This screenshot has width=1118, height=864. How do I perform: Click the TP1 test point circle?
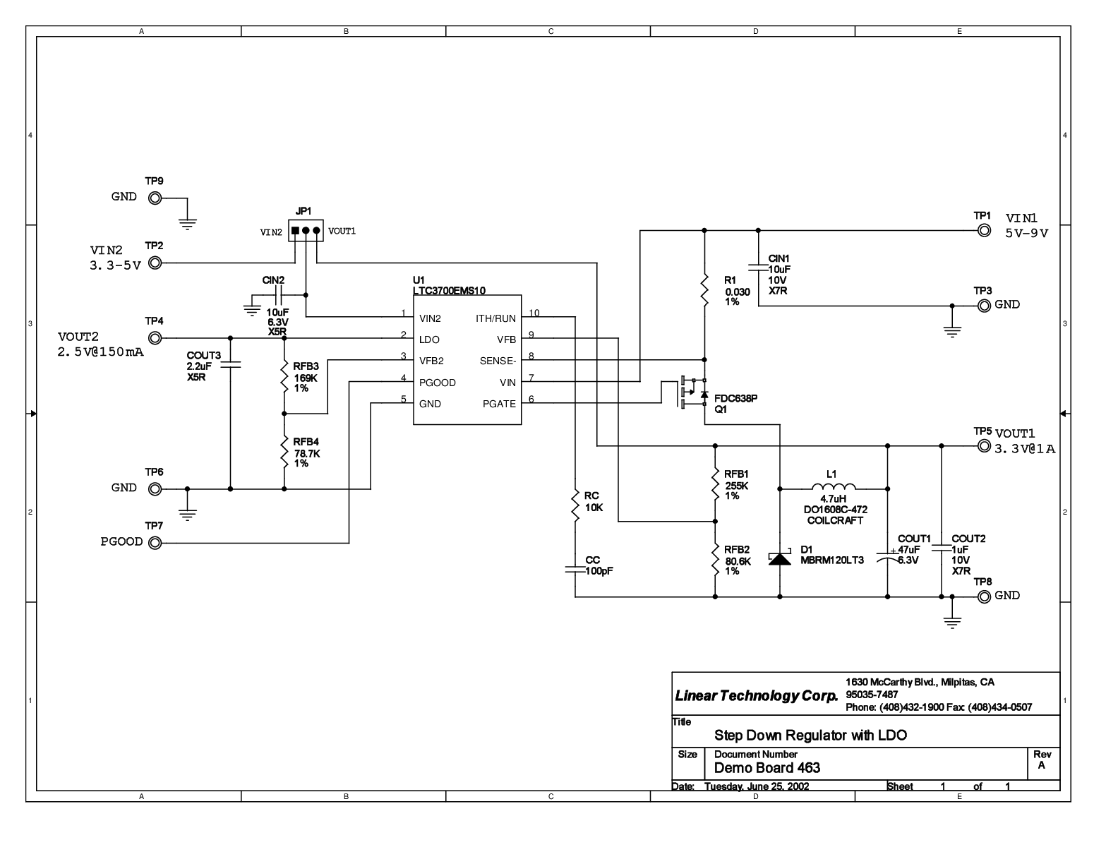(x=983, y=231)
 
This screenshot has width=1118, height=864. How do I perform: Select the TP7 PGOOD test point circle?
(x=155, y=543)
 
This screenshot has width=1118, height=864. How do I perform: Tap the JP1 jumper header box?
(x=306, y=231)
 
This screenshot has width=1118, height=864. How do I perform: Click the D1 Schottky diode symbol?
(x=779, y=558)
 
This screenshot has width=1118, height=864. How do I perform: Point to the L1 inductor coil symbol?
(x=834, y=486)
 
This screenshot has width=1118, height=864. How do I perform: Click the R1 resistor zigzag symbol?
(x=704, y=289)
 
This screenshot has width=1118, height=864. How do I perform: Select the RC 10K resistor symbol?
(x=575, y=505)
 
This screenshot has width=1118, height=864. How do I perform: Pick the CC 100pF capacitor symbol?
(x=575, y=570)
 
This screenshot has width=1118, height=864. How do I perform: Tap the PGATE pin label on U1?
(x=498, y=404)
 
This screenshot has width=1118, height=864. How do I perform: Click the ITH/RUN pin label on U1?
(x=495, y=318)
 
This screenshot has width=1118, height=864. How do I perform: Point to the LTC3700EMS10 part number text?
(x=449, y=291)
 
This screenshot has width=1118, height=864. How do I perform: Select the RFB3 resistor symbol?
(x=284, y=377)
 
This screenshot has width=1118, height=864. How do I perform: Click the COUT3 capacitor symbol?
(x=230, y=364)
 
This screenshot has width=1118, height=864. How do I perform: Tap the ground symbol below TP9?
(x=187, y=224)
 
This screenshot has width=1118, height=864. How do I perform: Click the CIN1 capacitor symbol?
(x=758, y=268)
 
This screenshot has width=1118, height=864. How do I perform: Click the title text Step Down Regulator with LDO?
(x=810, y=736)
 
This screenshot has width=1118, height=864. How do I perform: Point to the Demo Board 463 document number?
(x=767, y=768)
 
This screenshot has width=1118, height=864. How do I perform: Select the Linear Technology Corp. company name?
(x=757, y=696)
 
